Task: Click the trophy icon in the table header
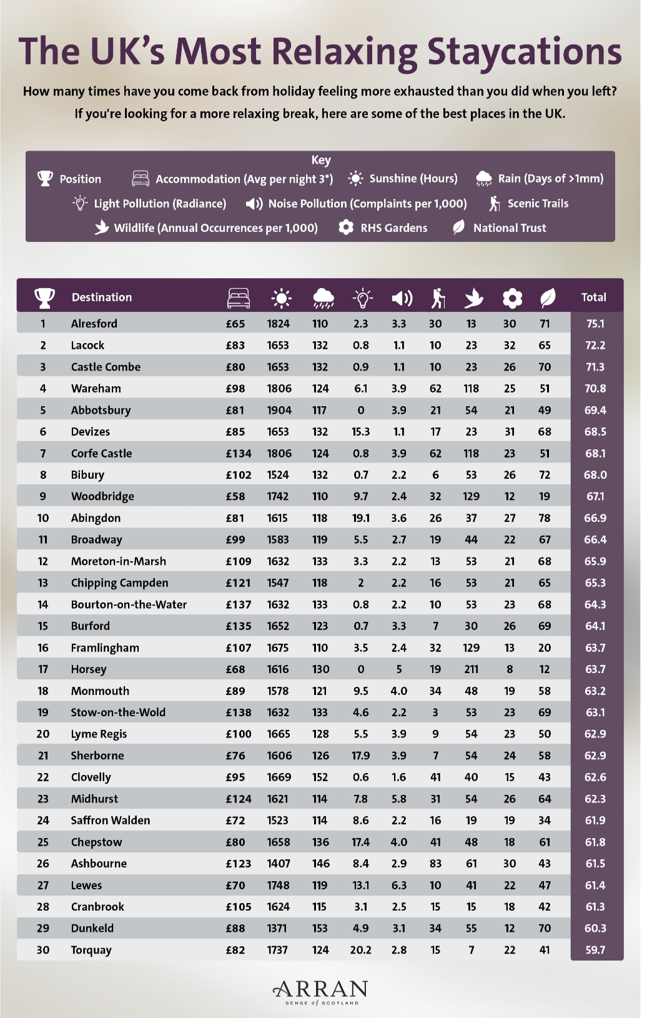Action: pos(44,298)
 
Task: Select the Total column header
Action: pos(593,297)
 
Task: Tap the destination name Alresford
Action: pos(94,324)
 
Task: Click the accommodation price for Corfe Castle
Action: pos(239,453)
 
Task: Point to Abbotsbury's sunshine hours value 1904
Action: pos(279,410)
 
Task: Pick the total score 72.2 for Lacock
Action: pos(595,346)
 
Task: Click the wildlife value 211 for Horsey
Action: pos(472,669)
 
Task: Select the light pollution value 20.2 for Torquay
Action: pos(360,950)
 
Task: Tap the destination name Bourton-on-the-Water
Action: pos(129,604)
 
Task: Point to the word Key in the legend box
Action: pos(321,161)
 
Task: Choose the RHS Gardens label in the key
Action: pos(393,227)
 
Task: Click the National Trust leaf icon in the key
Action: pos(459,227)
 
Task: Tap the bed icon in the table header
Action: pos(239,298)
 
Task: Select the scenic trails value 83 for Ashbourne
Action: pos(435,864)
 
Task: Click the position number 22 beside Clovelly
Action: pos(42,777)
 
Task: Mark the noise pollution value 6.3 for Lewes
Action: pos(398,885)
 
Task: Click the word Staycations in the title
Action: pos(525,51)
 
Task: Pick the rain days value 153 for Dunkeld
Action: pos(320,928)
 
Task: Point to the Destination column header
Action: pos(102,297)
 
